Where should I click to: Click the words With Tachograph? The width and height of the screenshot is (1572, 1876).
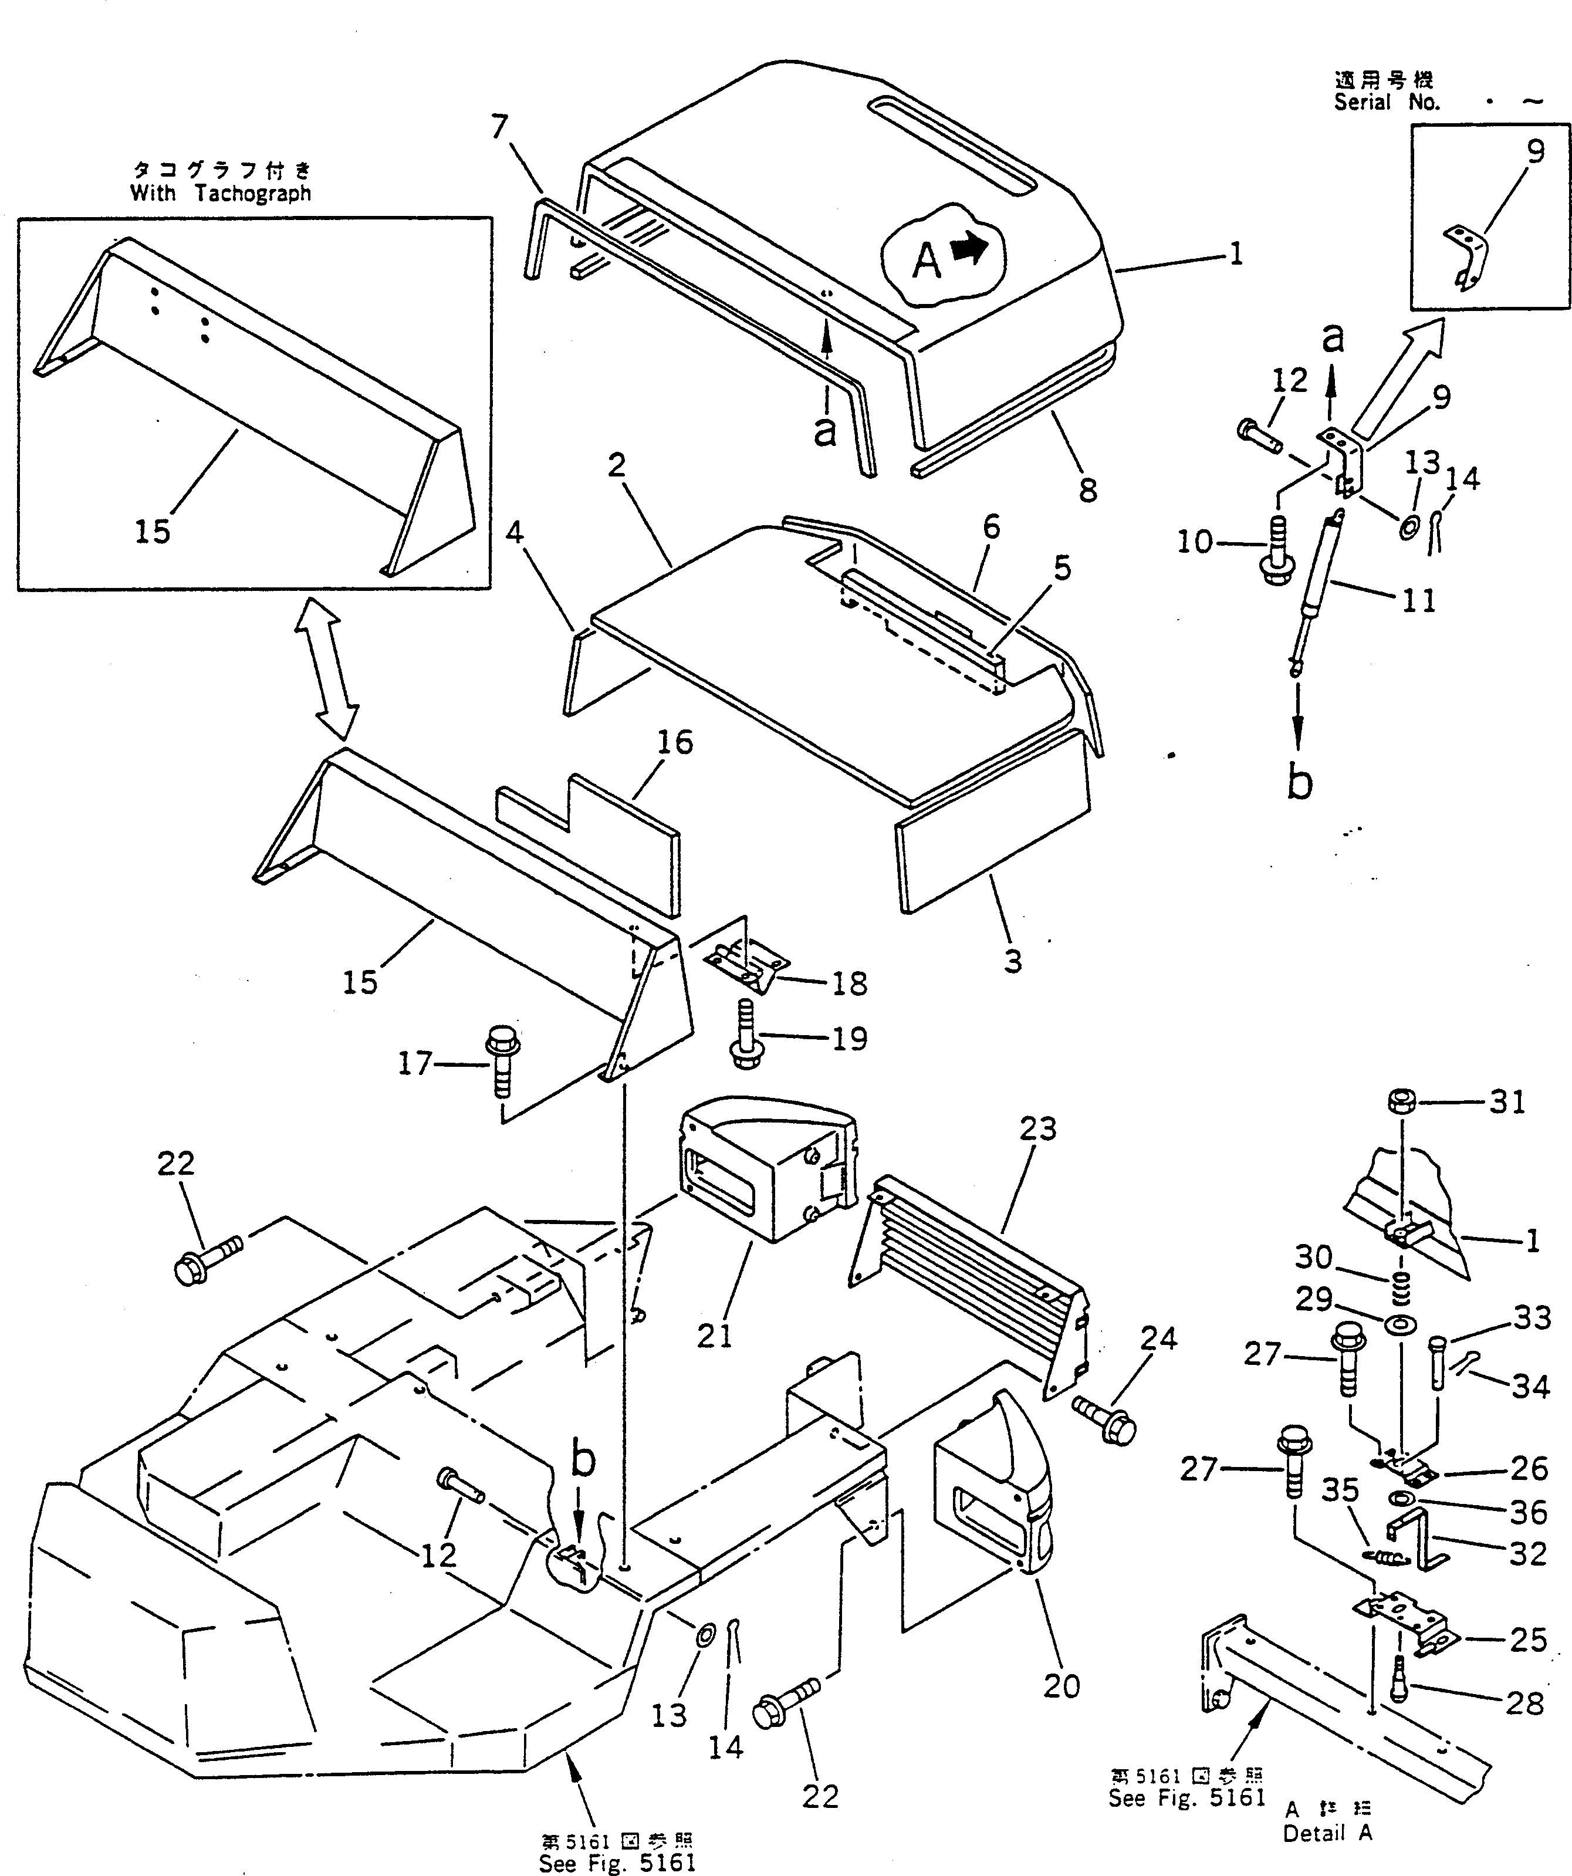pos(221,193)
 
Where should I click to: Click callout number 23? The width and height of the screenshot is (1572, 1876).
pos(1038,1128)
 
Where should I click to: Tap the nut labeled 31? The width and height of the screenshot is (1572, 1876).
pos(1401,1101)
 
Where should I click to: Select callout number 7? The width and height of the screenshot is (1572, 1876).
pos(499,128)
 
